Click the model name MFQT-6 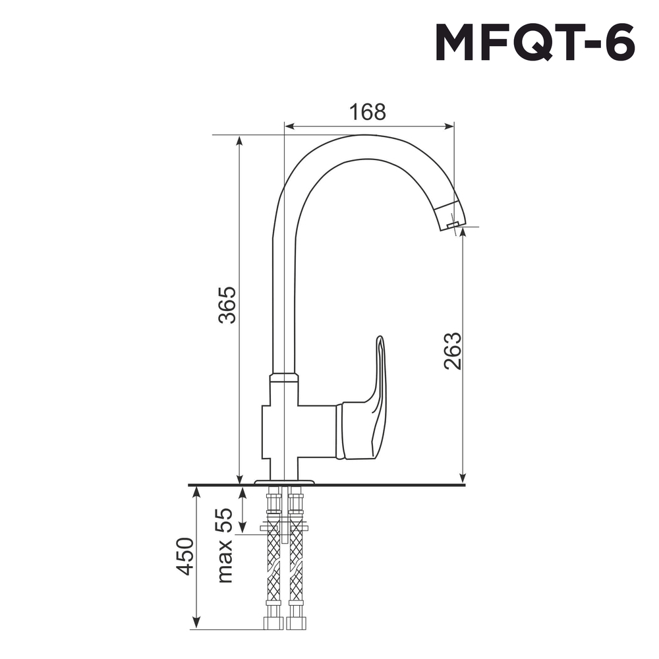click(534, 44)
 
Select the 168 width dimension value click(367, 112)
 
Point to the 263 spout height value click(452, 351)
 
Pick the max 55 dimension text click(225, 545)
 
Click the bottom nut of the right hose click(295, 623)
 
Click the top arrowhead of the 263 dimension click(463, 233)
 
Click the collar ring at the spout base click(283, 377)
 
